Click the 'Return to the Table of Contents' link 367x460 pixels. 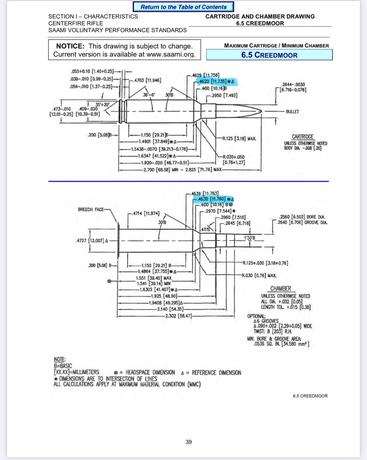pyautogui.click(x=183, y=7)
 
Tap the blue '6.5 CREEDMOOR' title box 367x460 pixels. pyautogui.click(x=269, y=55)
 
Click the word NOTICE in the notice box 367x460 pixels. pyautogui.click(x=70, y=46)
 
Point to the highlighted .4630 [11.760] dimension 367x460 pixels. pyautogui.click(x=213, y=199)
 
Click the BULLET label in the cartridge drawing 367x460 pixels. pyautogui.click(x=292, y=111)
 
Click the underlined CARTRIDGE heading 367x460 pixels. pyautogui.click(x=302, y=137)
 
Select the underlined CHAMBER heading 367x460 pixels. pyautogui.click(x=281, y=289)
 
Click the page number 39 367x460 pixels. pyautogui.click(x=189, y=442)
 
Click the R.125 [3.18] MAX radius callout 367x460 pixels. pyautogui.click(x=239, y=139)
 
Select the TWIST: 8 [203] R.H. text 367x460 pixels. pyautogui.click(x=273, y=331)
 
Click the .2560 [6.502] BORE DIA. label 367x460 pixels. pyautogui.click(x=302, y=217)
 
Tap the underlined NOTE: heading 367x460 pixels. pyautogui.click(x=60, y=359)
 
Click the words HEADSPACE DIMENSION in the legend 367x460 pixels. pyautogui.click(x=150, y=372)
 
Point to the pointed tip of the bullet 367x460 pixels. pyautogui.click(x=262, y=111)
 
